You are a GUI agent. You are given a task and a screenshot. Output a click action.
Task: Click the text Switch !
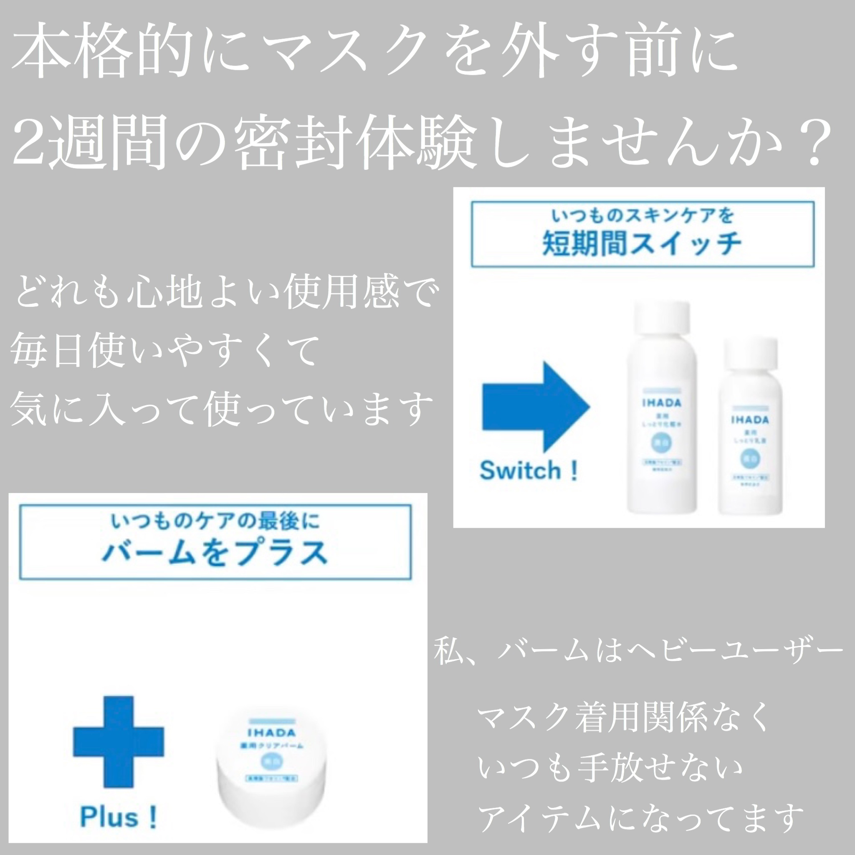(x=529, y=471)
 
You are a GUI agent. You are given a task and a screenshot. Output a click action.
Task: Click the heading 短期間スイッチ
(x=642, y=244)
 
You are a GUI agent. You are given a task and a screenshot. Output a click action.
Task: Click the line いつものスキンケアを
(x=642, y=216)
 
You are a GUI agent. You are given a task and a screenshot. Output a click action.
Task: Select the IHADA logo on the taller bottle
(x=662, y=403)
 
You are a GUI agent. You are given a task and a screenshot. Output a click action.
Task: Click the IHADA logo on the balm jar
(x=272, y=733)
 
